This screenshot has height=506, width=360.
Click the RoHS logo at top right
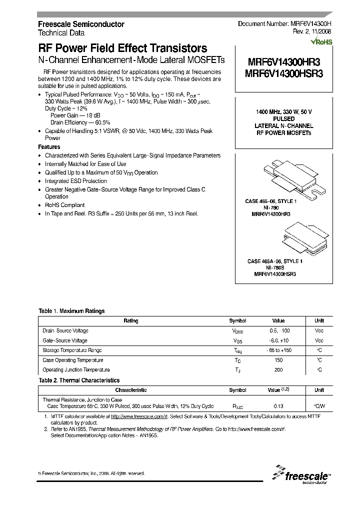pos(321,42)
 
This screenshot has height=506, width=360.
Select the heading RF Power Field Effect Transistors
pos(123,48)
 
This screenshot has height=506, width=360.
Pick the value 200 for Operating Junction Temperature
pos(278,370)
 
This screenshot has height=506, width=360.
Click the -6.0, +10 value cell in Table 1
pos(278,340)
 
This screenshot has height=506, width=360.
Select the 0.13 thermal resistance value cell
pos(278,406)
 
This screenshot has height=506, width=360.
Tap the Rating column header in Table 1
pos(131,321)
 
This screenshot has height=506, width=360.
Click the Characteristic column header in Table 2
pos(131,390)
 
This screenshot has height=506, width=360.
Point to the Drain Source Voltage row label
pos(65,331)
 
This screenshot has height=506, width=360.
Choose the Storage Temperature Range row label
pos(72,350)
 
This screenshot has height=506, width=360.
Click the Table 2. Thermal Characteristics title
pos(79,380)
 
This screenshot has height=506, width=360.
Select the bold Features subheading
pos(49,147)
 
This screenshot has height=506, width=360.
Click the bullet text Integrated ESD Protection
pos(76,181)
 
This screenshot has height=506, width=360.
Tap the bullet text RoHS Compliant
pos(65,205)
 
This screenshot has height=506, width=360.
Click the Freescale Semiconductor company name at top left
pos(81,24)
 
